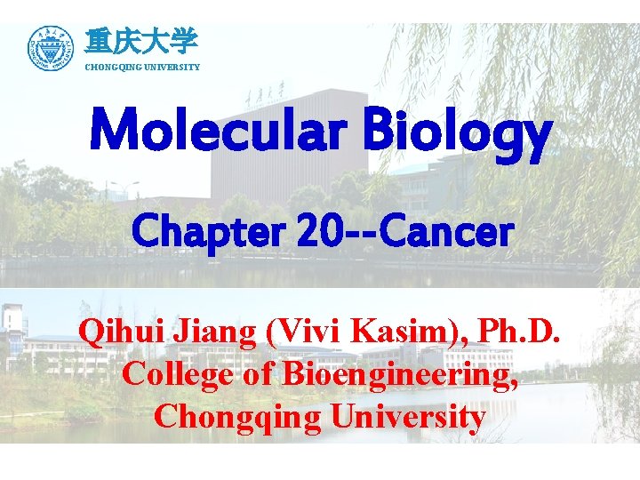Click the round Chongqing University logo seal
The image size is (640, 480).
click(x=51, y=49)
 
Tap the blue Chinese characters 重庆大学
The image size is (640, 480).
click(x=141, y=41)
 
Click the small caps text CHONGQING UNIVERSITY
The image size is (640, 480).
click(x=142, y=68)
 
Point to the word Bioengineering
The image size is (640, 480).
click(x=400, y=375)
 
